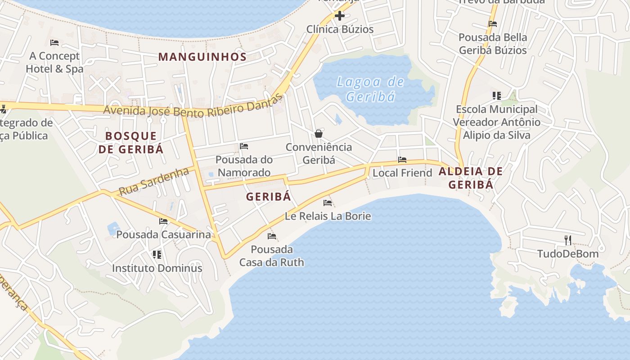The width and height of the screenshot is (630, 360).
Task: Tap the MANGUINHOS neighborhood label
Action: (202, 57)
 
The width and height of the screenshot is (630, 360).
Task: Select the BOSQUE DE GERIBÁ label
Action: (131, 142)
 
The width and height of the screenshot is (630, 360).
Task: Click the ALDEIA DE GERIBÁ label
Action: (471, 178)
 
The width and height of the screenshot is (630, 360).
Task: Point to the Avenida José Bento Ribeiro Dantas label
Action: (193, 108)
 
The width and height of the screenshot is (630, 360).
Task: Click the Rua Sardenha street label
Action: (153, 181)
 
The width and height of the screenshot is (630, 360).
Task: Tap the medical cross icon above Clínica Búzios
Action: (340, 16)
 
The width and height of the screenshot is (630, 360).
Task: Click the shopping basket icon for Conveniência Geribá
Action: (319, 134)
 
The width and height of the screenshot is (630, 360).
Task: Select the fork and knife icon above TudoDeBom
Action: (568, 240)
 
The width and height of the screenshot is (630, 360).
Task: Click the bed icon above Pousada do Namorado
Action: (244, 146)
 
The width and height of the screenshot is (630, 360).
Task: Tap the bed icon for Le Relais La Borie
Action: (328, 203)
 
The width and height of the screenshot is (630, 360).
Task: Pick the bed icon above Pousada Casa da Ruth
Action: (272, 236)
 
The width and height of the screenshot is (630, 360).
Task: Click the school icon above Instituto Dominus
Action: (157, 255)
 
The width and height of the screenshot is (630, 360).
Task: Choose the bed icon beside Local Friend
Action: (402, 160)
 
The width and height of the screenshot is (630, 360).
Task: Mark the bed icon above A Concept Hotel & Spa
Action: (54, 43)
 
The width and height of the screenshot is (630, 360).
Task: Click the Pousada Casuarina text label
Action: (163, 234)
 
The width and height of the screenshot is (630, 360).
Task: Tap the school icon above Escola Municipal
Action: (497, 95)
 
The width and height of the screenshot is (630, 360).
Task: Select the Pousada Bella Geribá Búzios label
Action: (493, 44)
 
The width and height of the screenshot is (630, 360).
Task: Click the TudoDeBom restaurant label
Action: (568, 254)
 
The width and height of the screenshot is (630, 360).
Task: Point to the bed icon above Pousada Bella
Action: (493, 24)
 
